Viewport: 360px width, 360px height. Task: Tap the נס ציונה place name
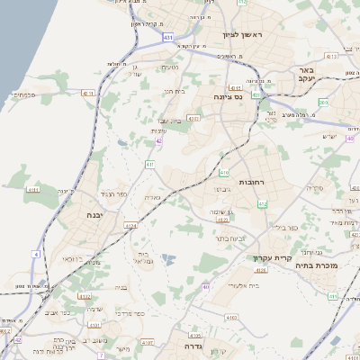[227, 96]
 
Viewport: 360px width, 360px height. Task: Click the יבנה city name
[94, 216]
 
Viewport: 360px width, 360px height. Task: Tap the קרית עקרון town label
[266, 257]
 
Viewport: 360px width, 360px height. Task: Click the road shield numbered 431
[168, 38]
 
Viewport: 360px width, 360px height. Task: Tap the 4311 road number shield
[33, 190]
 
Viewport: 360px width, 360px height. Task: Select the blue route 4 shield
[36, 255]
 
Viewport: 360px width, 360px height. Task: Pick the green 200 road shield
[323, 103]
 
